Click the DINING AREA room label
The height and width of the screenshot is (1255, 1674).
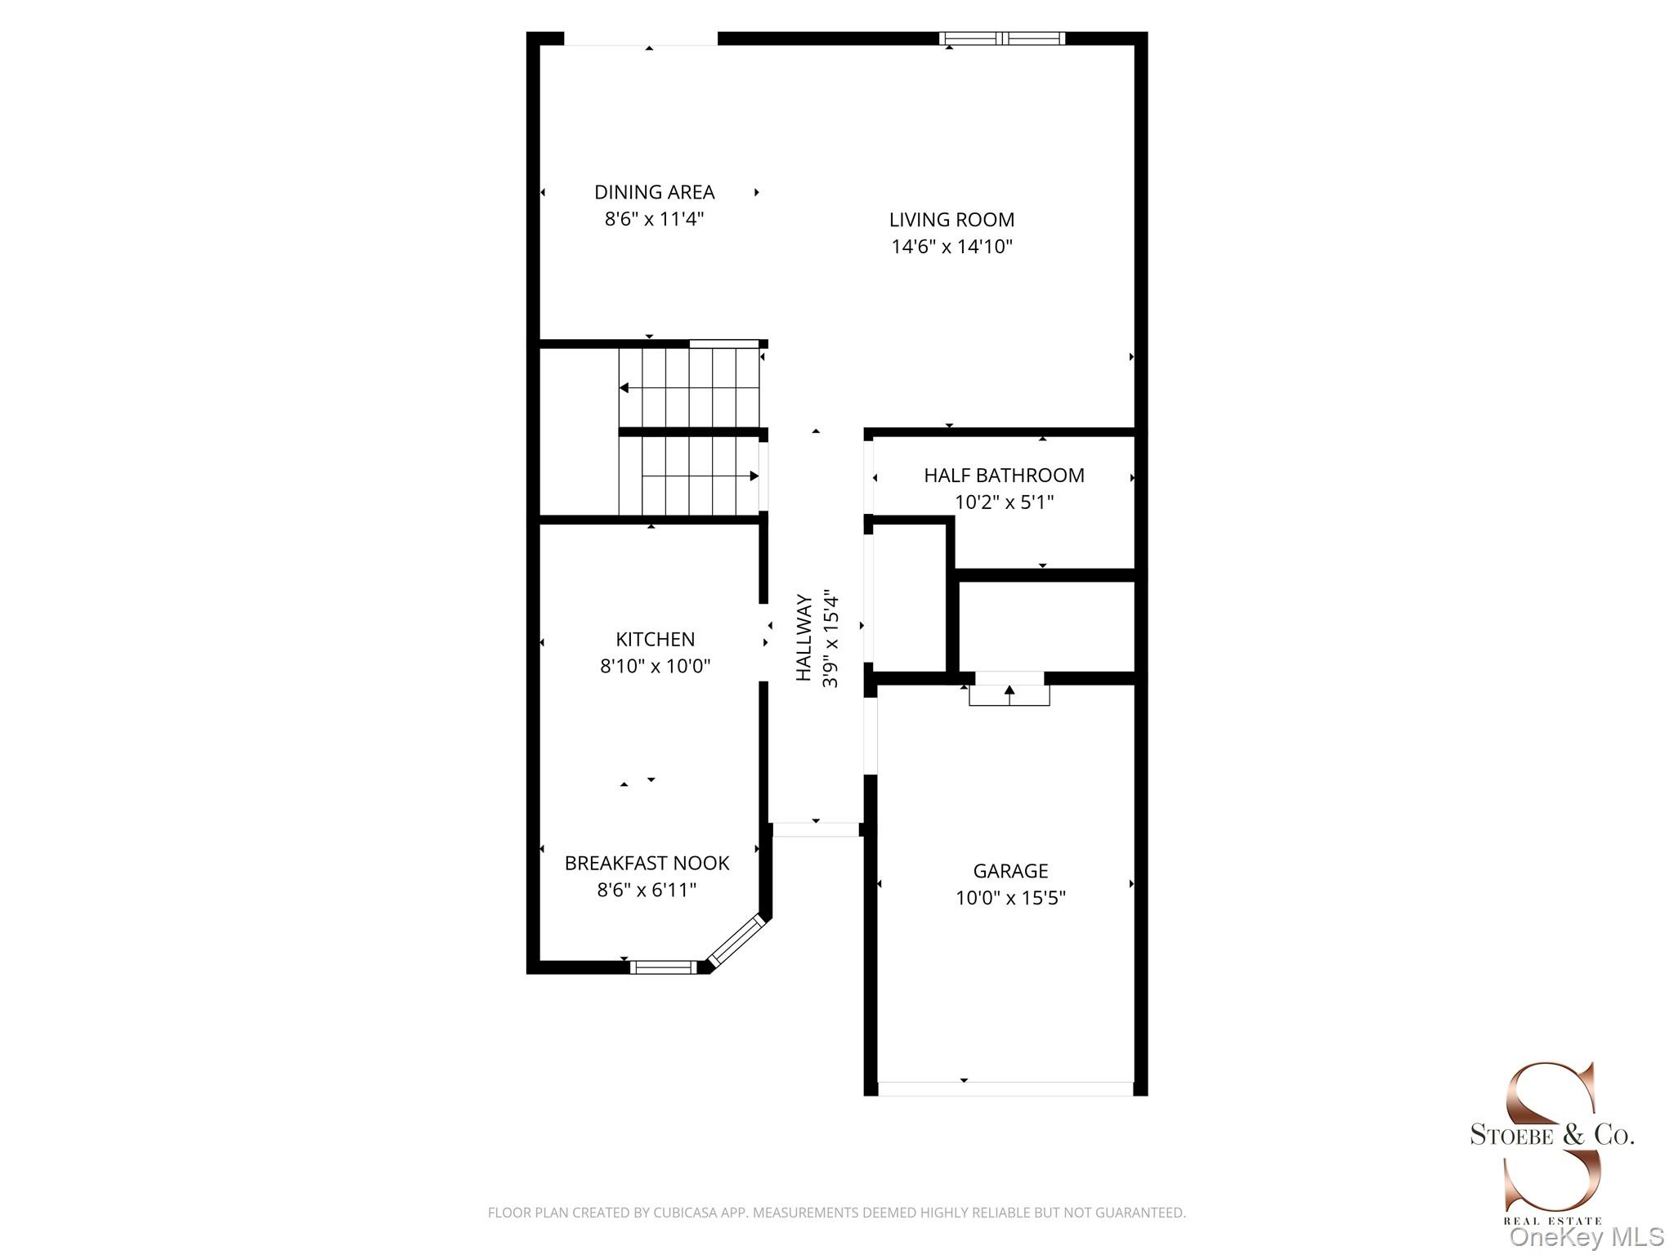point(654,192)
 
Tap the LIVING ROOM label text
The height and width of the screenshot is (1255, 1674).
point(951,220)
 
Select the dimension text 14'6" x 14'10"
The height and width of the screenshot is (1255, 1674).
point(951,247)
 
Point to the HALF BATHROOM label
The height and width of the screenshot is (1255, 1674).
point(1004,476)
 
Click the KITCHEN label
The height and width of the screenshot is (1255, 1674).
point(655,639)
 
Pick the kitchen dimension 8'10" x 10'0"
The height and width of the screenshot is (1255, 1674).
point(655,666)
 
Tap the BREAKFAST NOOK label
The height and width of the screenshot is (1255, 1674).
point(647,863)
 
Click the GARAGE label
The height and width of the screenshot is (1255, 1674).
point(1010,871)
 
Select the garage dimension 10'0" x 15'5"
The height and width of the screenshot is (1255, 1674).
point(1010,898)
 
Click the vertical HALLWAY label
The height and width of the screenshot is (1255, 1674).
point(804,637)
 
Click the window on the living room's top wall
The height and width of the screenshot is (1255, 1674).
point(1001,38)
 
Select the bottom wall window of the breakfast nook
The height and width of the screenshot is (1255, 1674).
point(663,967)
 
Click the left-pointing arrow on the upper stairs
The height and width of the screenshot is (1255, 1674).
point(624,388)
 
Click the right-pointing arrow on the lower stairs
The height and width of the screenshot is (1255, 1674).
point(753,476)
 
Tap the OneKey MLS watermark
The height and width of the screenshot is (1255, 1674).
point(1586,1237)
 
